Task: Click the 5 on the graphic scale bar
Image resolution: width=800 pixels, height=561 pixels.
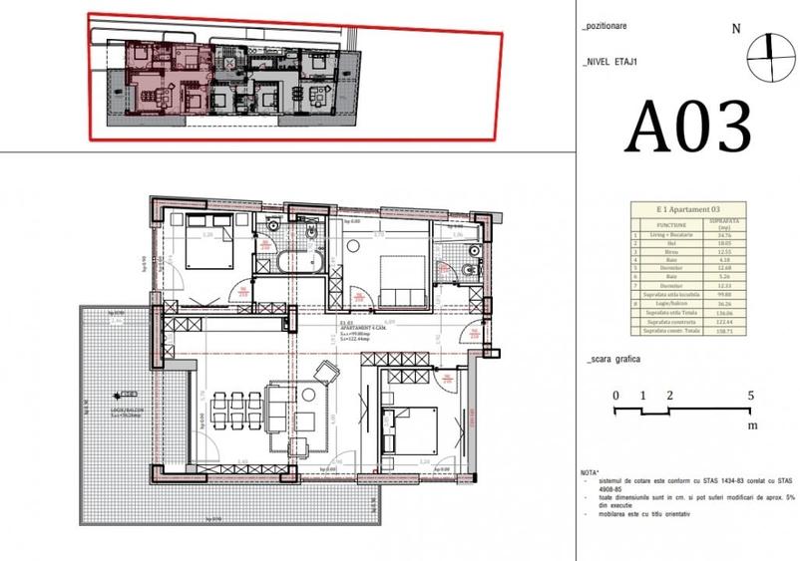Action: tap(749, 396)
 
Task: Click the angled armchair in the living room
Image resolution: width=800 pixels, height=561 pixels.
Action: tap(324, 374)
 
